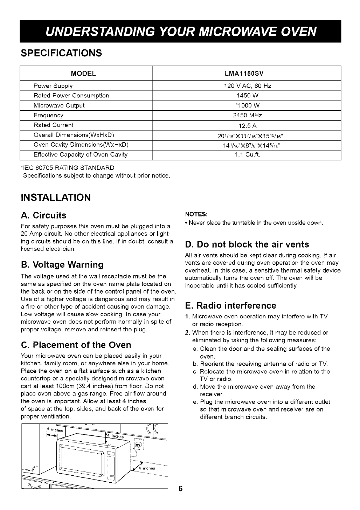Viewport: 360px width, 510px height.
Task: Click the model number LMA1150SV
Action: pyautogui.click(x=247, y=74)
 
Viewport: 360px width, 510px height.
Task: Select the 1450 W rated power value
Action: pyautogui.click(x=247, y=96)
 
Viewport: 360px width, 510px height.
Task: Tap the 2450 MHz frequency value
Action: pyautogui.click(x=247, y=115)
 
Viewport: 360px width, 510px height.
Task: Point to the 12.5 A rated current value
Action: pyautogui.click(x=247, y=125)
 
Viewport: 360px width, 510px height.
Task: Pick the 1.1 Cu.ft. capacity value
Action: pyautogui.click(x=247, y=154)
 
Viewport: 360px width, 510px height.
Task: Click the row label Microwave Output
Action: pyautogui.click(x=59, y=105)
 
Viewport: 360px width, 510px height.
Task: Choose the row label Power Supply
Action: pyautogui.click(x=53, y=86)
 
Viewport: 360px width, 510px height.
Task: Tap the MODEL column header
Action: pyautogui.click(x=83, y=74)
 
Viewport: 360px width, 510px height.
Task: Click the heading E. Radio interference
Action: pyautogui.click(x=230, y=305)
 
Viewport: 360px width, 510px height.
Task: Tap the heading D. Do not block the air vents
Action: pyautogui.click(x=247, y=244)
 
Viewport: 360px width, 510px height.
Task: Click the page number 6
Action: pyautogui.click(x=181, y=489)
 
